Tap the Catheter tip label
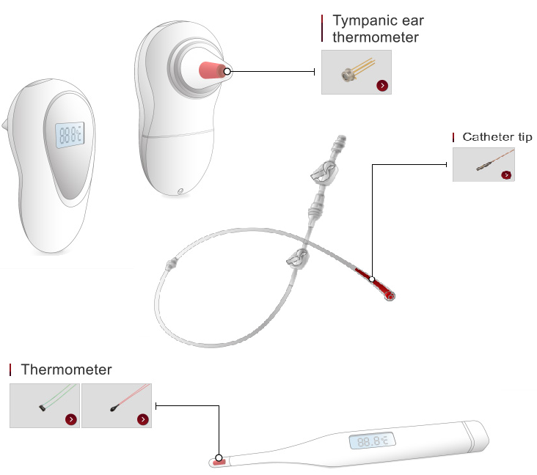(497, 137)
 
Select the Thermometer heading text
(67, 369)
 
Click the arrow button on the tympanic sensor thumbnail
(382, 86)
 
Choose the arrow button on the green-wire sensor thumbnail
(70, 419)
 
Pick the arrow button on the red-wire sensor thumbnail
(142, 419)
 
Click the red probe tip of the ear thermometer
(211, 70)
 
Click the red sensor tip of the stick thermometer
(219, 462)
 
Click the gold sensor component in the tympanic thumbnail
(347, 73)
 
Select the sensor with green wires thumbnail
(44, 405)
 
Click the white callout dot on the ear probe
(227, 71)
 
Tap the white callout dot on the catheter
(372, 279)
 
